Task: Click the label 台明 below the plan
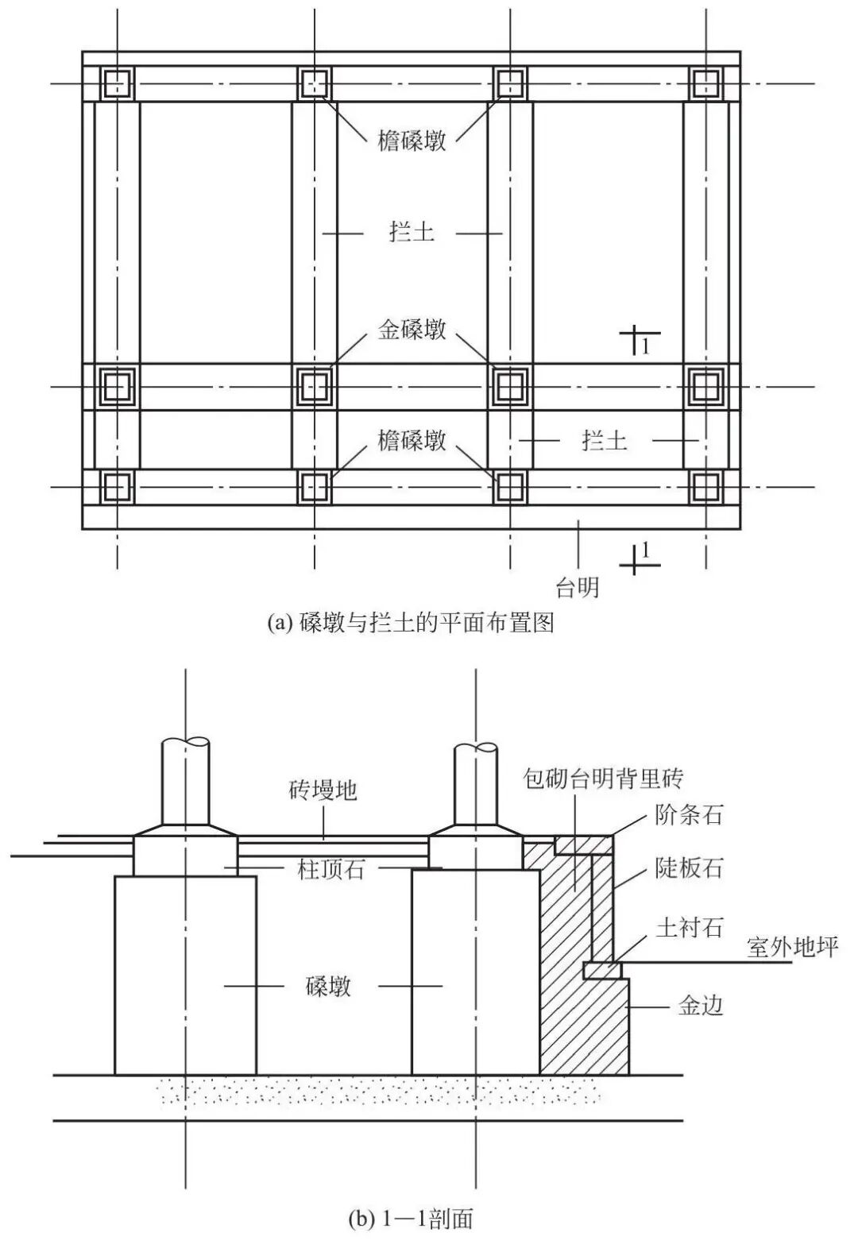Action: coord(577,588)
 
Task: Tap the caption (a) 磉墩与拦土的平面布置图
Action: coord(411,623)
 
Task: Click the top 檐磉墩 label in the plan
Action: coord(412,141)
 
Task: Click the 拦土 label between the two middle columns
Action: coord(412,233)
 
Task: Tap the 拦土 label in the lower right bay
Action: coord(604,439)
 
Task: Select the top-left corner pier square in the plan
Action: coord(118,83)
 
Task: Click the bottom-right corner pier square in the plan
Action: coord(705,487)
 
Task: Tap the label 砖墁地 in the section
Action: coord(323,790)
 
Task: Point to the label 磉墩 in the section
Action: coord(328,987)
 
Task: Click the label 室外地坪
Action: coord(793,946)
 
